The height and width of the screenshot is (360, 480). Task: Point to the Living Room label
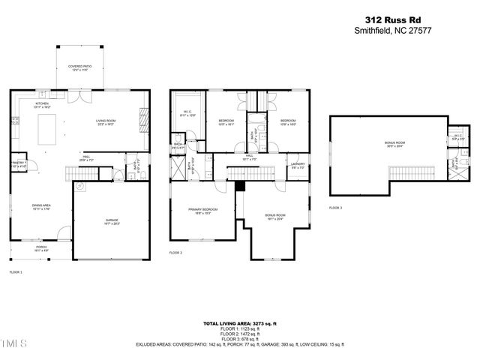coord(106,122)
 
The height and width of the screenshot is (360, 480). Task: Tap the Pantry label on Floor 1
coord(18,163)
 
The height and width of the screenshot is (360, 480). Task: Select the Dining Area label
coord(40,206)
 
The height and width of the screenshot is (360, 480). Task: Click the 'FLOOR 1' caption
coord(16,271)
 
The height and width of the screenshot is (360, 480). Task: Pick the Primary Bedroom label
coord(202,211)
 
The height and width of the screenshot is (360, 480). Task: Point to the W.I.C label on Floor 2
coord(187,113)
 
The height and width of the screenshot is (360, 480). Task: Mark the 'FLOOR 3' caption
coord(335,208)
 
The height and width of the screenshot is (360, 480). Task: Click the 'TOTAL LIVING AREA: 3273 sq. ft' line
coord(241,323)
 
